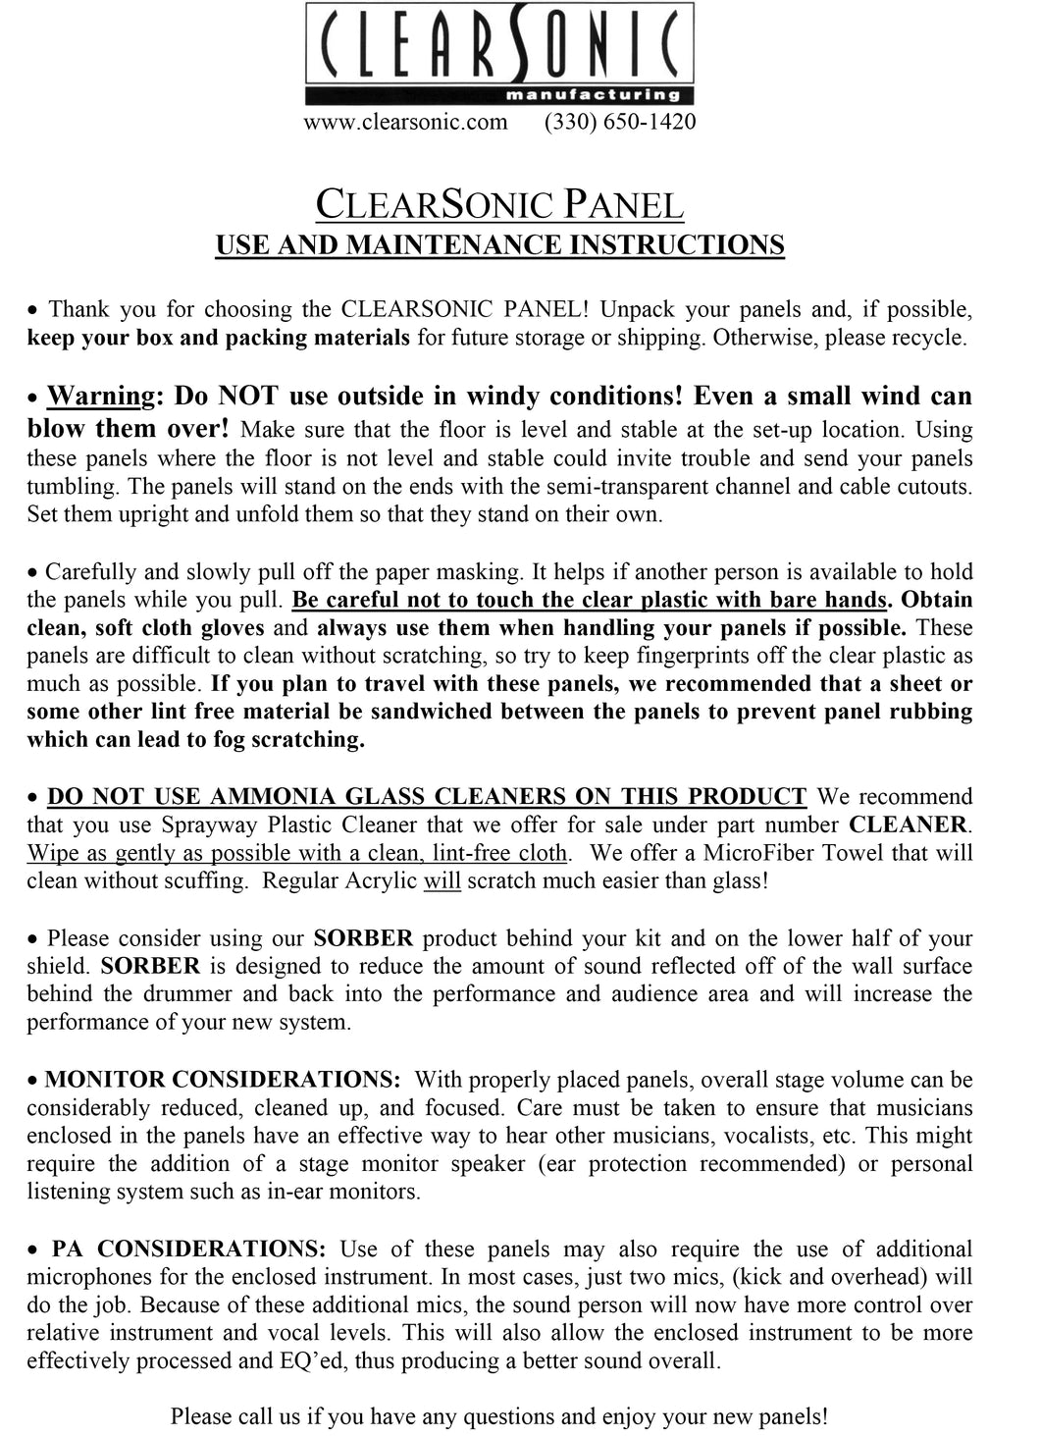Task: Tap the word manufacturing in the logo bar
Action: [x=592, y=95]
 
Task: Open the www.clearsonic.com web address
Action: [x=405, y=122]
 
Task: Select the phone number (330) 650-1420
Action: [x=620, y=122]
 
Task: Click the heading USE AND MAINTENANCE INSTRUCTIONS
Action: [x=499, y=244]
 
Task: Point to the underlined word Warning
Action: [x=101, y=397]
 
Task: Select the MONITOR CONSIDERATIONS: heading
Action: [x=223, y=1080]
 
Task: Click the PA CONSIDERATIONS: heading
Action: [x=188, y=1249]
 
